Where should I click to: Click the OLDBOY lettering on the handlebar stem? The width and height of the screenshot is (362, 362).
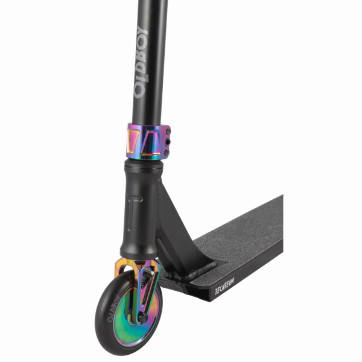click(x=140, y=62)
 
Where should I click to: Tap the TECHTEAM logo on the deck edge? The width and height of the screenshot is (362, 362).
click(x=224, y=286)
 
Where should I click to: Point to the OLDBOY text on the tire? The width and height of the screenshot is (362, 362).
click(x=113, y=308)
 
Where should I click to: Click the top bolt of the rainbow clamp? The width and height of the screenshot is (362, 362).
click(x=168, y=132)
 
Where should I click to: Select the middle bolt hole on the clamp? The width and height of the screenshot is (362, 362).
click(x=168, y=142)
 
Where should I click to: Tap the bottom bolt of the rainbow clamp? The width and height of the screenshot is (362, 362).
click(x=167, y=153)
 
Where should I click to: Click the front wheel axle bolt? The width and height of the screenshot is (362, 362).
click(x=142, y=318)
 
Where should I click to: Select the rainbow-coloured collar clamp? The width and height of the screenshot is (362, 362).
click(x=148, y=142)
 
